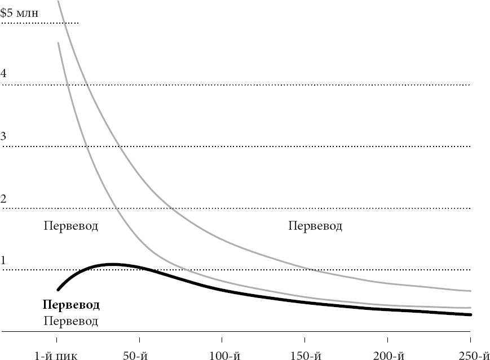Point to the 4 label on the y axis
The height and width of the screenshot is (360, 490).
tap(4, 74)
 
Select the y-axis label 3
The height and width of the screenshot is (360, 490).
tap(4, 136)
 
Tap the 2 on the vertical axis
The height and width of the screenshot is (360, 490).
tap(4, 199)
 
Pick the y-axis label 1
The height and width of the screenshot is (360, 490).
tap(4, 260)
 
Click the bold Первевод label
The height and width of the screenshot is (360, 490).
tap(71, 305)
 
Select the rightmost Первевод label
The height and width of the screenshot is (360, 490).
tap(315, 226)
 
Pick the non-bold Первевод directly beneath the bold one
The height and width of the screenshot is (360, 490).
tap(71, 322)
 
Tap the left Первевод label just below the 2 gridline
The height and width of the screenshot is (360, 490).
tap(71, 226)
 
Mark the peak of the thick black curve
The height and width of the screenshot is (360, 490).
tap(113, 264)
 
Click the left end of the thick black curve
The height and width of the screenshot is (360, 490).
tap(58, 290)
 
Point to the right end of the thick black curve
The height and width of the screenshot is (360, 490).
tap(470, 314)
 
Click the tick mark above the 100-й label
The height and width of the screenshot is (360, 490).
tap(222, 340)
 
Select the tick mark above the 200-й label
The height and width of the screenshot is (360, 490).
tap(387, 340)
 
